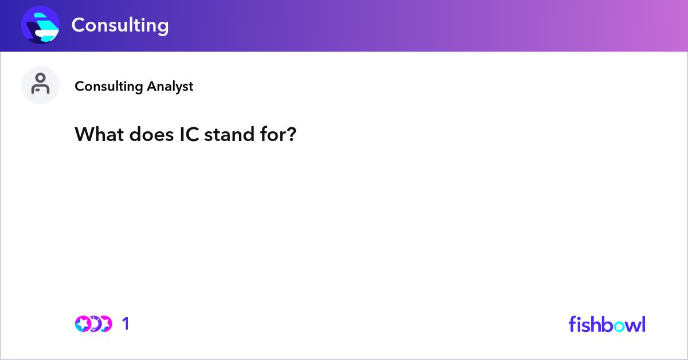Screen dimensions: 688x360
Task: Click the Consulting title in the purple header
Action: coord(120,25)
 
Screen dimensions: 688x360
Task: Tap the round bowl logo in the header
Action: coord(40,25)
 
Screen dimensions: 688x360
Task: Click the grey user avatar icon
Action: coord(40,85)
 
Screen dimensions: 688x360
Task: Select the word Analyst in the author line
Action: coord(170,87)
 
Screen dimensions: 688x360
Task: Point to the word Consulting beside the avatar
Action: coord(109,87)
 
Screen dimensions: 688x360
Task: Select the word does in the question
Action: coord(151,134)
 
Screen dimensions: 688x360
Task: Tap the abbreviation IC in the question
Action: coord(189,134)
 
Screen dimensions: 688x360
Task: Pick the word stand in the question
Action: coord(229,134)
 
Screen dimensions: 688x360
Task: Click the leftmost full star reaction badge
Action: coord(83,324)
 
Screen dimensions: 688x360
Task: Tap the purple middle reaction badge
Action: coord(96,324)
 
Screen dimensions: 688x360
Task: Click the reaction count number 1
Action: coord(126,324)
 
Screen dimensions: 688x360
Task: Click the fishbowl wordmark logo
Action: coord(607,324)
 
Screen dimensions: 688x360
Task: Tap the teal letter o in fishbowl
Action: coord(620,326)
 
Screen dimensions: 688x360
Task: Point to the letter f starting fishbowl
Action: coord(572,324)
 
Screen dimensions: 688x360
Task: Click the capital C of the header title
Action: coord(79,25)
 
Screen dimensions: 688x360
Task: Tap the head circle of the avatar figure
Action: coord(40,79)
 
